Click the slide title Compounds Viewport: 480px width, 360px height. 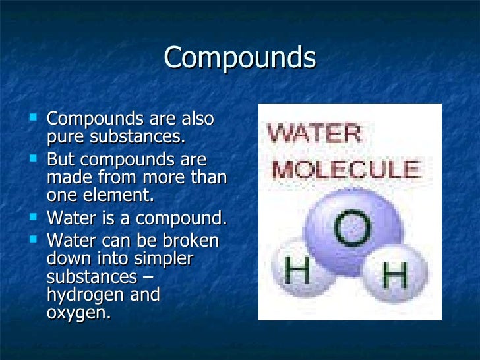pyautogui.click(x=240, y=58)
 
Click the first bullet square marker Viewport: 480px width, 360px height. pyautogui.click(x=34, y=119)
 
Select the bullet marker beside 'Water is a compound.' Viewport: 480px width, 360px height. pyautogui.click(x=34, y=218)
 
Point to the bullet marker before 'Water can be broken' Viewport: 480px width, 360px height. pyautogui.click(x=34, y=240)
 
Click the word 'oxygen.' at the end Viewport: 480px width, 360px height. pyautogui.click(x=78, y=313)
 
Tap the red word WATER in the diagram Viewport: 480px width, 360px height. pyautogui.click(x=315, y=135)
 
